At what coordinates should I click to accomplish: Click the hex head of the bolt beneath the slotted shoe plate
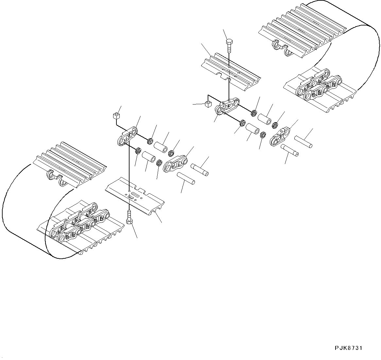point(129,221)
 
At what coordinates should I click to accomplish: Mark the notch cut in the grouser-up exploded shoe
point(226,78)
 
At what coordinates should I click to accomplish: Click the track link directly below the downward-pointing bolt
point(227,106)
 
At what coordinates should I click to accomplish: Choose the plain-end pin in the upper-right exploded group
point(303,141)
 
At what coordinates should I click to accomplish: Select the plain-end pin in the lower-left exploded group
point(186,178)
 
